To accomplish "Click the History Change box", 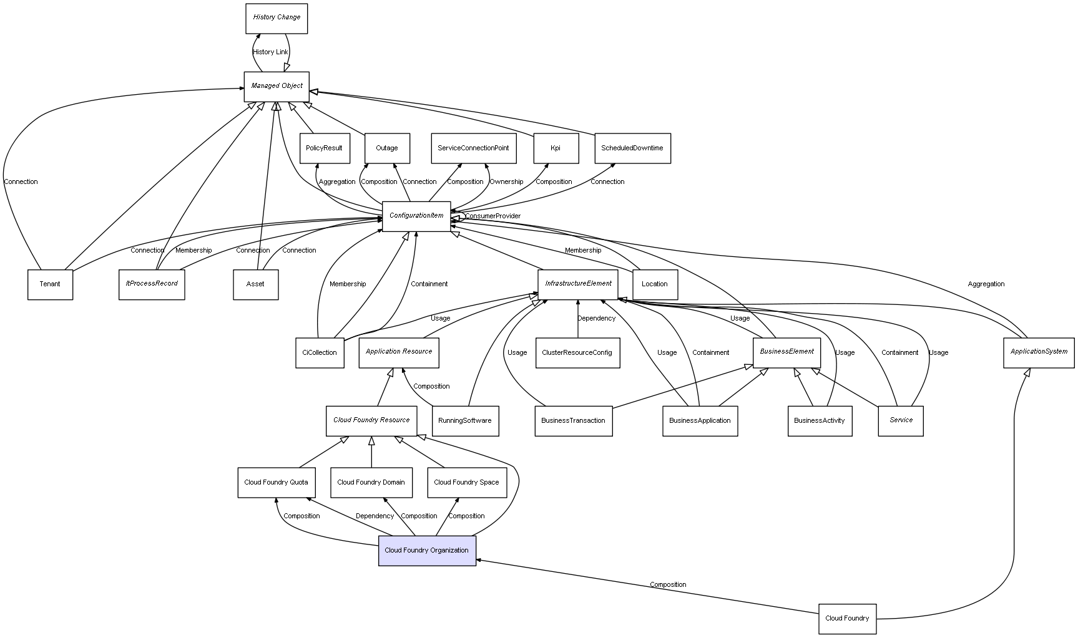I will pyautogui.click(x=277, y=18).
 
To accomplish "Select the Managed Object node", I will pyautogui.click(x=277, y=86).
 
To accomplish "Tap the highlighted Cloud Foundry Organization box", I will pyautogui.click(x=427, y=551).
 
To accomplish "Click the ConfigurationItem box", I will pyautogui.click(x=416, y=216).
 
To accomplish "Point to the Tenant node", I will pyautogui.click(x=50, y=284).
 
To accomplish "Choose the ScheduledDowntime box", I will pyautogui.click(x=632, y=148).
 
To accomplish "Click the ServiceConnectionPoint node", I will pyautogui.click(x=473, y=148).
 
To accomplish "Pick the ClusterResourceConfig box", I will pyautogui.click(x=577, y=353).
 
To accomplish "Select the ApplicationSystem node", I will pyautogui.click(x=1039, y=352).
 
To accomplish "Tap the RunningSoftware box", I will pyautogui.click(x=465, y=421).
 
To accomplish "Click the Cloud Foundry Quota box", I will pyautogui.click(x=276, y=483).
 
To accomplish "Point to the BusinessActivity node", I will pyautogui.click(x=820, y=421).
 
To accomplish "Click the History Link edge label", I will pyautogui.click(x=271, y=52).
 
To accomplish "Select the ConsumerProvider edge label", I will pyautogui.click(x=492, y=216).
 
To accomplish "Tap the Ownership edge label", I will pyautogui.click(x=506, y=182).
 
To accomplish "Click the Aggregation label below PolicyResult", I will pyautogui.click(x=337, y=182).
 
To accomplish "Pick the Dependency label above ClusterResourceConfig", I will pyautogui.click(x=596, y=319).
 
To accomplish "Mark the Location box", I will pyautogui.click(x=655, y=284).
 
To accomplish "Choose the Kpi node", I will pyautogui.click(x=556, y=148).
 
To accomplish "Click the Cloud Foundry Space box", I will pyautogui.click(x=467, y=483).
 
